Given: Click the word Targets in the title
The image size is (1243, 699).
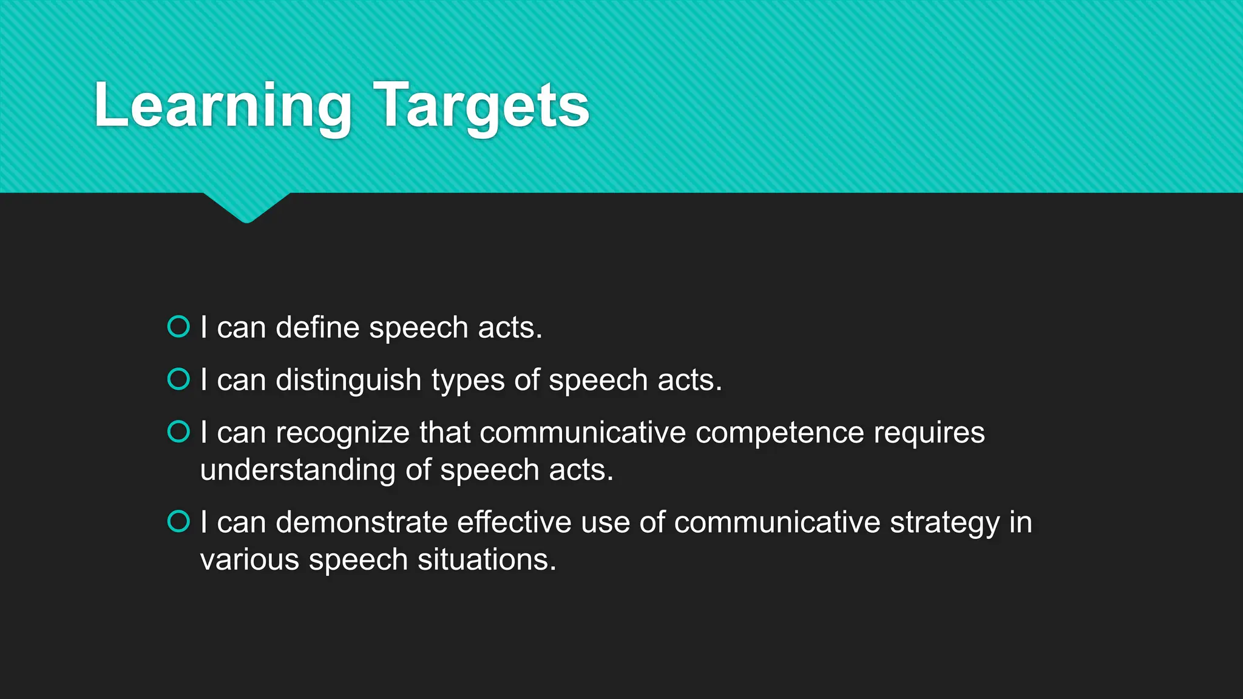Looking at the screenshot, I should (x=481, y=106).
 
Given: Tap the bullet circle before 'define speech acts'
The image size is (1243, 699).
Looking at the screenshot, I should (x=178, y=326).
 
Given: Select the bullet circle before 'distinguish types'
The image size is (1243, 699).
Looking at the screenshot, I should (x=178, y=379).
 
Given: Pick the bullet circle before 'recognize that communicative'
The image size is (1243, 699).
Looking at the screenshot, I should (x=178, y=432).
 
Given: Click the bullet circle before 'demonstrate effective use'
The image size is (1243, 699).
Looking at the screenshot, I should (x=178, y=521).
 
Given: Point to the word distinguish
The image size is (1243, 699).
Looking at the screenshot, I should (x=348, y=381).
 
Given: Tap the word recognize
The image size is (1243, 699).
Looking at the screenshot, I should (x=342, y=433).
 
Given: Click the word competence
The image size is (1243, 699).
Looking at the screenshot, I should (x=779, y=433).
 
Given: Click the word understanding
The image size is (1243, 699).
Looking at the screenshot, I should (x=298, y=470).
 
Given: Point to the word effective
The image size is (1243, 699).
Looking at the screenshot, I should (x=513, y=522).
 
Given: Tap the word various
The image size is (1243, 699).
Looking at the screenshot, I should (x=249, y=559).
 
